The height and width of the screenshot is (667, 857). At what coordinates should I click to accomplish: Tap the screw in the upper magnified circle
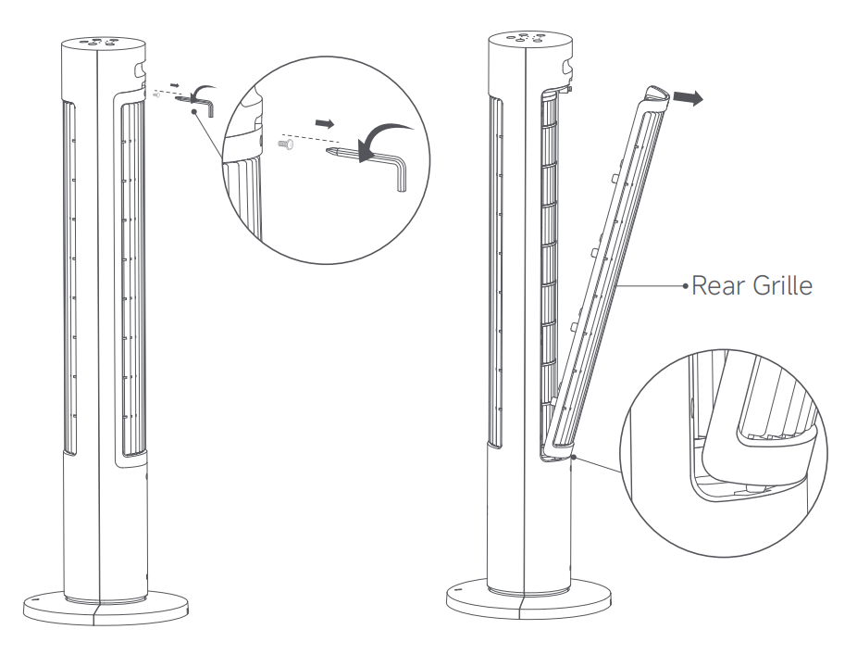(x=286, y=144)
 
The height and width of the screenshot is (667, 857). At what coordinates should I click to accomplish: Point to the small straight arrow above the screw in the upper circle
(x=325, y=123)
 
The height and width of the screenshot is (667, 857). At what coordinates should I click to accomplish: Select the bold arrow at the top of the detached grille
(x=688, y=98)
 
